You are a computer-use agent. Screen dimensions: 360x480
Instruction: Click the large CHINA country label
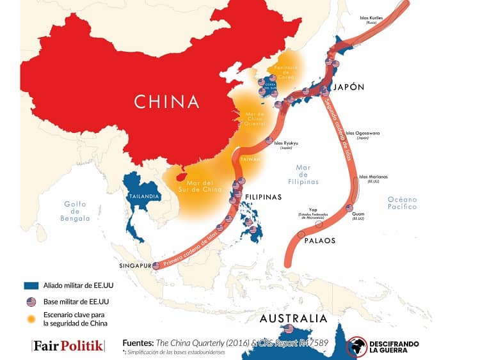click(166, 101)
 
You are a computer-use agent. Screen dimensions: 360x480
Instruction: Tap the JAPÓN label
click(349, 88)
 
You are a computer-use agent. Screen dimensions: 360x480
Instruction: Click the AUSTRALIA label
click(292, 318)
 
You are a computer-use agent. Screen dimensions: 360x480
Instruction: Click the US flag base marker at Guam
click(349, 208)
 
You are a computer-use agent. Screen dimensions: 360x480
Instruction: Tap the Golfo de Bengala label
click(76, 212)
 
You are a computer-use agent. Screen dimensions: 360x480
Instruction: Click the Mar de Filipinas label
click(303, 175)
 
